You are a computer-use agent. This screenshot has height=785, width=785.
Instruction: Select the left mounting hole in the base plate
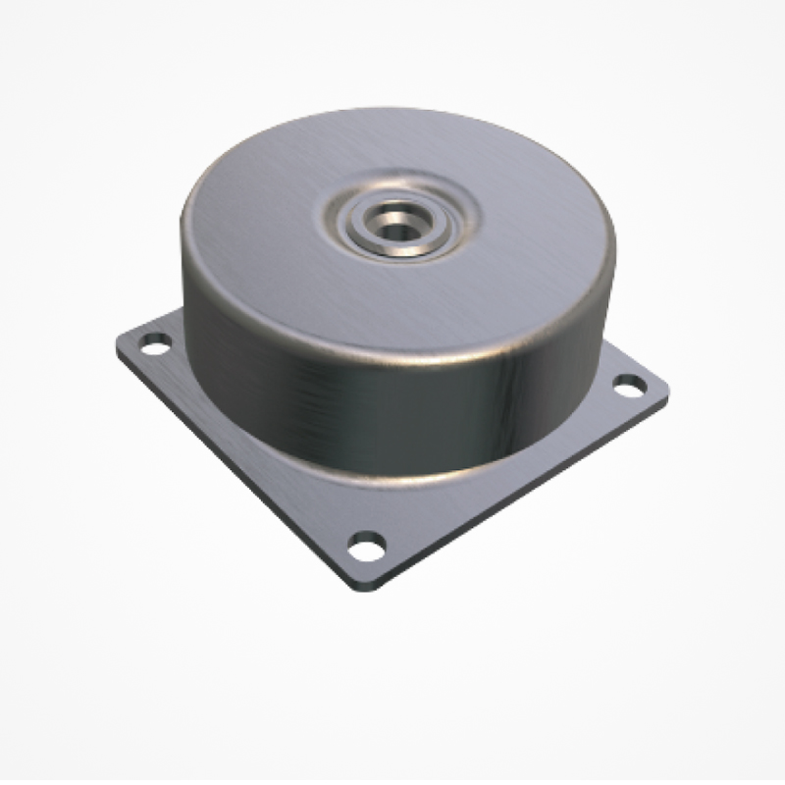154,344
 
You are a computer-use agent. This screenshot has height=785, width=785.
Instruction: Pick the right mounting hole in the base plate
630,384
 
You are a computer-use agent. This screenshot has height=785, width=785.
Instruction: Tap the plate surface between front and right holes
510,471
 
